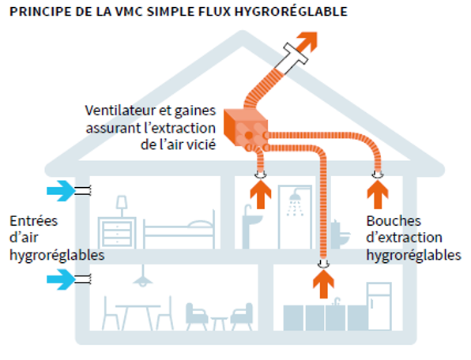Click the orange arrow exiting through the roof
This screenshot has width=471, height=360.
click(x=305, y=39)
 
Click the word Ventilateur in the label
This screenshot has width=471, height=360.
click(x=120, y=108)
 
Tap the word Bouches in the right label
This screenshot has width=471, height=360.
click(x=394, y=221)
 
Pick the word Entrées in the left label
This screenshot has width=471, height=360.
click(x=33, y=221)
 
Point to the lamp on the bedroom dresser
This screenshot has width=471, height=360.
click(x=124, y=204)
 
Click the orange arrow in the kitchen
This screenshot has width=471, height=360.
click(x=322, y=285)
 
